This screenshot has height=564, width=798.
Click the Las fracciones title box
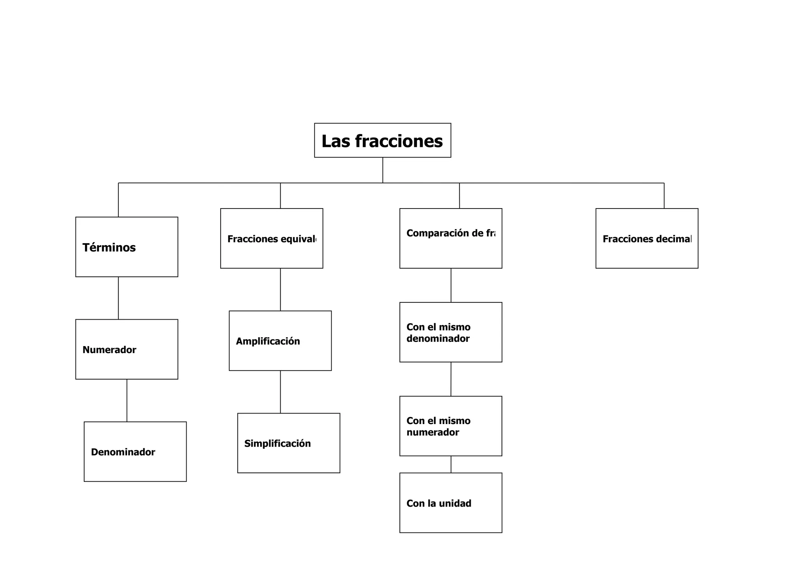tap(382, 140)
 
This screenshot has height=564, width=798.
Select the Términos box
tap(127, 247)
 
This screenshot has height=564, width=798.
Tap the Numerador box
tap(127, 349)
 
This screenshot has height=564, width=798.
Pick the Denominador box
tap(135, 451)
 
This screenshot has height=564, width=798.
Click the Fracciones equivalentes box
tap(272, 238)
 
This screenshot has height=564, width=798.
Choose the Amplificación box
tap(280, 341)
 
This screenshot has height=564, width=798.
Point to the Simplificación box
tap(288, 443)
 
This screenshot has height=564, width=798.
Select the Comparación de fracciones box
tap(450, 238)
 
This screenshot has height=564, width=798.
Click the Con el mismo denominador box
tap(450, 332)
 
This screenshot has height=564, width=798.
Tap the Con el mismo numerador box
tap(450, 426)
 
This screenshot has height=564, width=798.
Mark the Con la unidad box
tap(450, 503)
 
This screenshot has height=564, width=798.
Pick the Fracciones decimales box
tap(647, 238)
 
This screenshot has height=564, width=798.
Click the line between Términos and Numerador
tap(118, 298)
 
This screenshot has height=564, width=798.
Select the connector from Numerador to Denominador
tap(127, 400)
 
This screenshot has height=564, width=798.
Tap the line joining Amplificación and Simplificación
tap(280, 392)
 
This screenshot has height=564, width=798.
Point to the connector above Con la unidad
tap(451, 464)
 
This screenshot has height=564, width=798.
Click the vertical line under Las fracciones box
tap(383, 170)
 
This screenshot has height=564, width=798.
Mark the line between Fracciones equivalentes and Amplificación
tap(280, 289)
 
